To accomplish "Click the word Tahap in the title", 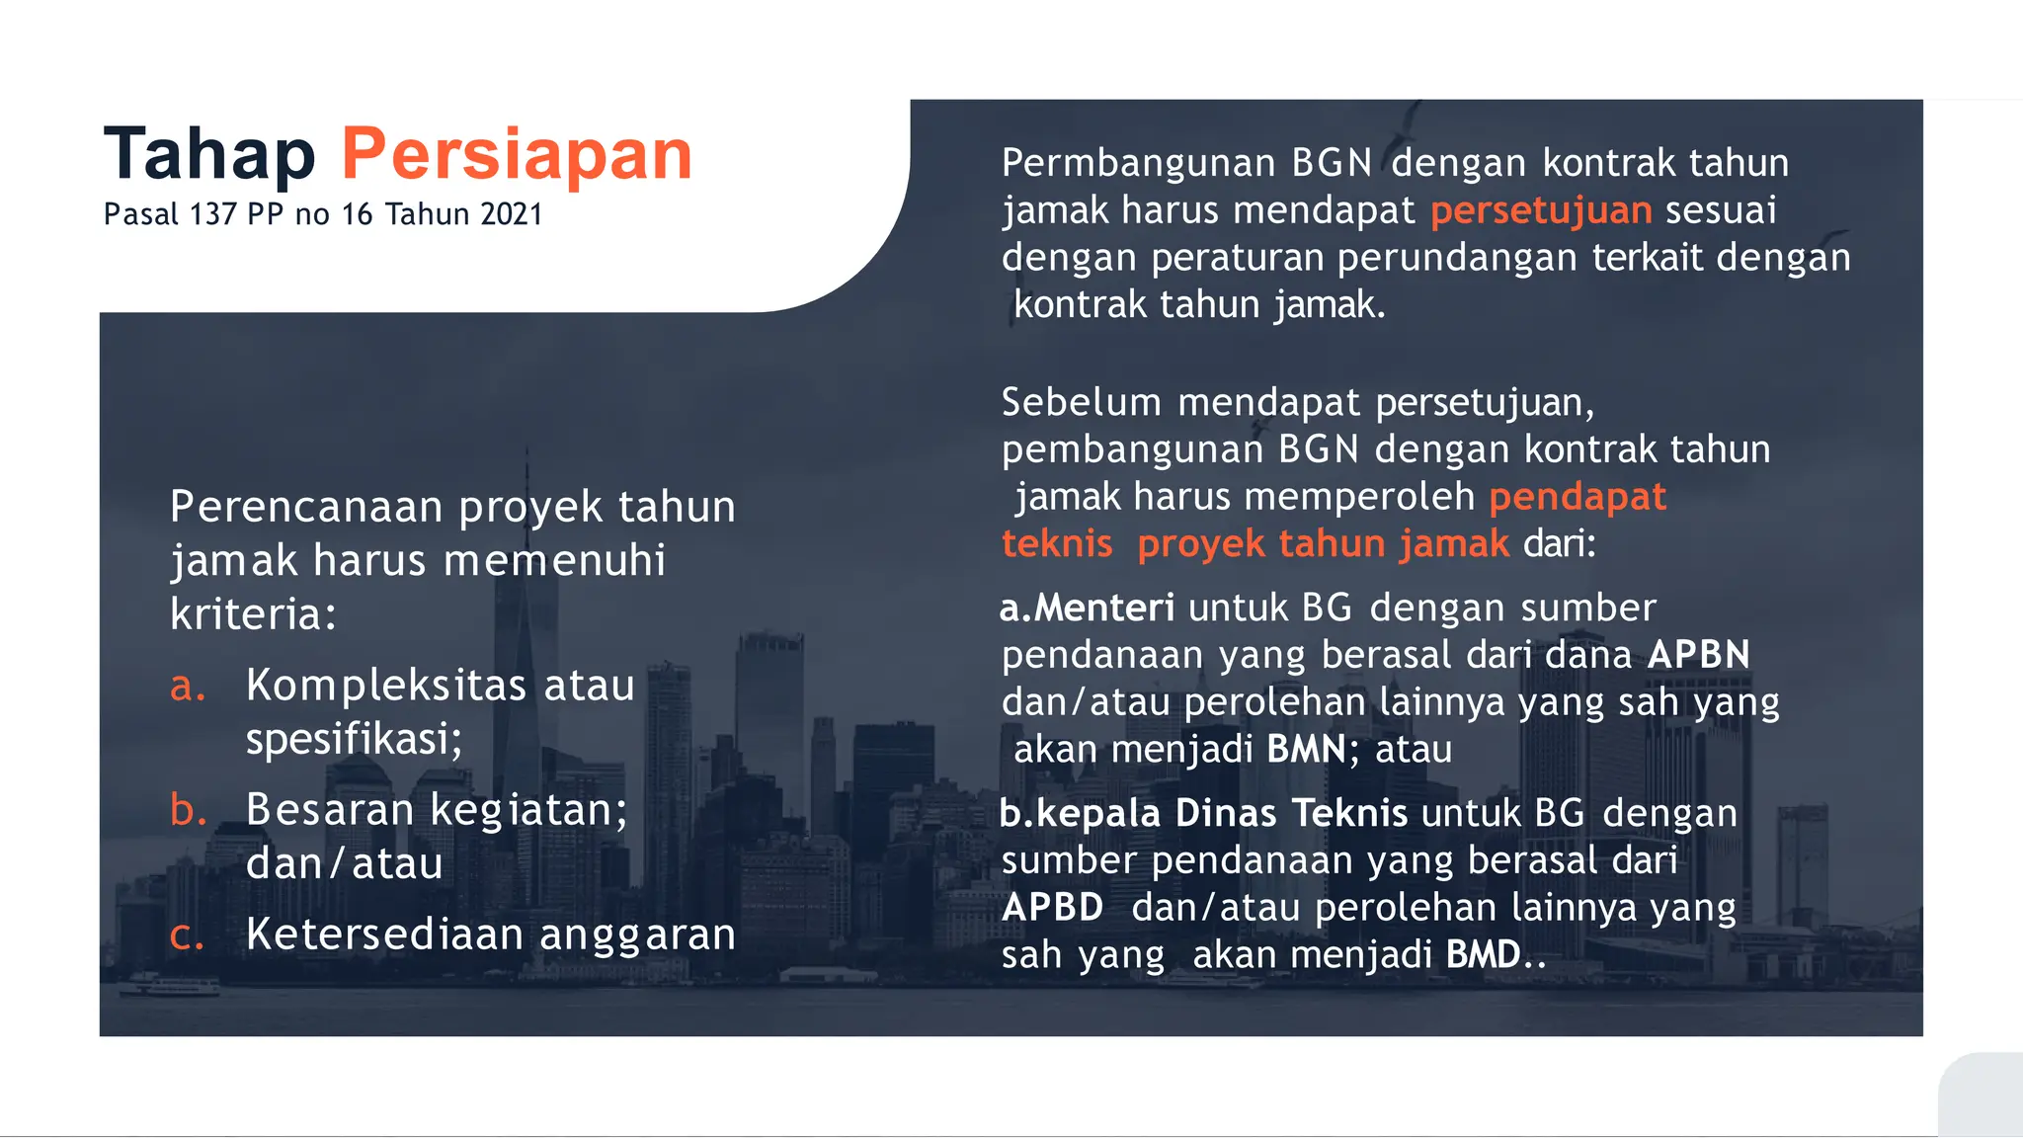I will point(209,154).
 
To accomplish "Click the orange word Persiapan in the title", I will point(517,154).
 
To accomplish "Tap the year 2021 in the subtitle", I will point(512,214).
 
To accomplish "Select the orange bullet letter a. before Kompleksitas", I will point(188,686).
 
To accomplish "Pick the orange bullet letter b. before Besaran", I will point(188,810).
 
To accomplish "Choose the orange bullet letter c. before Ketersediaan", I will point(187,935).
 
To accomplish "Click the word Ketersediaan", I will point(384,935).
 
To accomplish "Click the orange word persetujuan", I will point(1541,210).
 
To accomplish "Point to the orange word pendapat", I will point(1578,497).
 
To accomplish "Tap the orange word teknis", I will point(1057,544).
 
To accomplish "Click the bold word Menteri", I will point(1104,608).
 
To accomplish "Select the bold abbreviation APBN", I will point(1699,655).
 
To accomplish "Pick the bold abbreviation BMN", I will point(1306,750).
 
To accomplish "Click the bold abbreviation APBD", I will point(1053,908).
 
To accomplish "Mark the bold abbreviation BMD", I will point(1483,955).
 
